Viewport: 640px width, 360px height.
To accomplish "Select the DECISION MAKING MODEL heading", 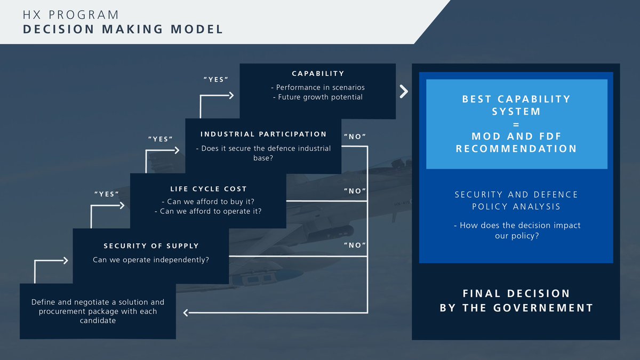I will pos(123,29).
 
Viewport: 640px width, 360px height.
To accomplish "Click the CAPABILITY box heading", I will pos(318,74).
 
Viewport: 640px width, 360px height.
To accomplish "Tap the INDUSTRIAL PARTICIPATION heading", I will pos(263,134).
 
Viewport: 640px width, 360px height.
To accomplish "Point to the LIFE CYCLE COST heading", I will pos(209,189).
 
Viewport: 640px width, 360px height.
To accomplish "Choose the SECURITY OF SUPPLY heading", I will pos(151,246).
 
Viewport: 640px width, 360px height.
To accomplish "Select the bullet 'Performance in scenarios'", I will pos(318,87).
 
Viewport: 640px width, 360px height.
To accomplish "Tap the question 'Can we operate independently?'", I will pos(151,260).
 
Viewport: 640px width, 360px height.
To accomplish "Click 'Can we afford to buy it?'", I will pos(207,201).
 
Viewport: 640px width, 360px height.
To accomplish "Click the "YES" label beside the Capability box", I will pos(216,79).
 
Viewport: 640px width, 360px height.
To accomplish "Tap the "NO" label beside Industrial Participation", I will pos(355,137).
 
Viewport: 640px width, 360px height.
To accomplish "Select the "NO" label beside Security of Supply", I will pos(355,245).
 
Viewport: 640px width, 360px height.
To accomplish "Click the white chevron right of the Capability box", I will pos(404,91).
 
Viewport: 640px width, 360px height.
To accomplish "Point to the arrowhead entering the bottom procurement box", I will pos(186,312).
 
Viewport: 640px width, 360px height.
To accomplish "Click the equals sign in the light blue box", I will pos(516,124).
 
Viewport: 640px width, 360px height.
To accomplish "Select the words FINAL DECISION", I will pos(516,294).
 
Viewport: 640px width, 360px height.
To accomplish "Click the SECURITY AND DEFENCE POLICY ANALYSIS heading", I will pos(516,200).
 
